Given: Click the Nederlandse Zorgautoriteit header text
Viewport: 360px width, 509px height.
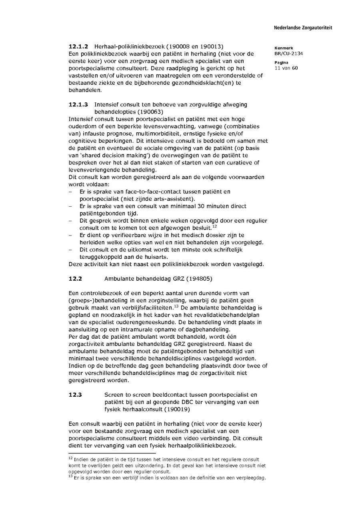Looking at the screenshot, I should [x=303, y=28].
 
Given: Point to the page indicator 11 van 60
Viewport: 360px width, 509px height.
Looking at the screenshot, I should [x=286, y=68].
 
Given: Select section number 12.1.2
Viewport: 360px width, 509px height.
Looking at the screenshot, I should [x=78, y=46].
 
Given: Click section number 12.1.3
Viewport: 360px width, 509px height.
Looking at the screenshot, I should [x=78, y=104].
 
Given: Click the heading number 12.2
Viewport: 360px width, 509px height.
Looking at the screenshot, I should [x=75, y=279].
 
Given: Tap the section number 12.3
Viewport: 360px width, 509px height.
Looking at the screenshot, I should [x=75, y=395].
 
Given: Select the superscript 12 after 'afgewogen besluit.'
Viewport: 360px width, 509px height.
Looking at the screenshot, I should [x=214, y=226].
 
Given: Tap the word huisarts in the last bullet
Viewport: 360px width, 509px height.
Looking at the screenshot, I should [x=156, y=257].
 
